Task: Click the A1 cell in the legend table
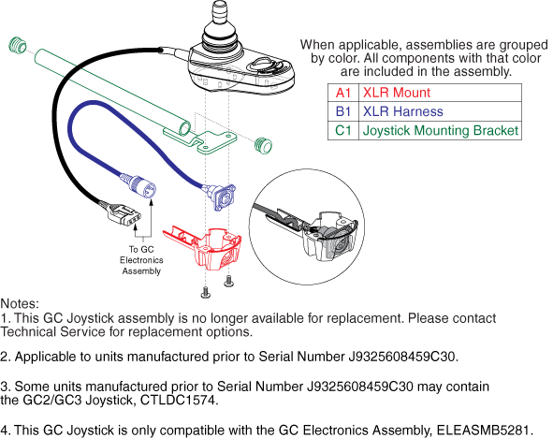pyautogui.click(x=343, y=93)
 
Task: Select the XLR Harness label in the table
pyautogui.click(x=402, y=111)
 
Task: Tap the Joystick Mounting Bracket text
pyautogui.click(x=441, y=130)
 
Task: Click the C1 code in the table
pyautogui.click(x=343, y=130)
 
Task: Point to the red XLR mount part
pyautogui.click(x=204, y=246)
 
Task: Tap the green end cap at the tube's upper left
pyautogui.click(x=18, y=44)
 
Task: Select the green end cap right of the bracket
pyautogui.click(x=263, y=145)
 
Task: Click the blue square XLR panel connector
pyautogui.click(x=222, y=197)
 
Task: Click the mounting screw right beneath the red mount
pyautogui.click(x=229, y=281)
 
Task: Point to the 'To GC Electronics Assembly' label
pyautogui.click(x=141, y=260)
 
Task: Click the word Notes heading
pyautogui.click(x=20, y=303)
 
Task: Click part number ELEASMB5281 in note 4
pyautogui.click(x=483, y=431)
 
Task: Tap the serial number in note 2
pyautogui.click(x=401, y=357)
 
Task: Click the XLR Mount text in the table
pyautogui.click(x=397, y=93)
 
